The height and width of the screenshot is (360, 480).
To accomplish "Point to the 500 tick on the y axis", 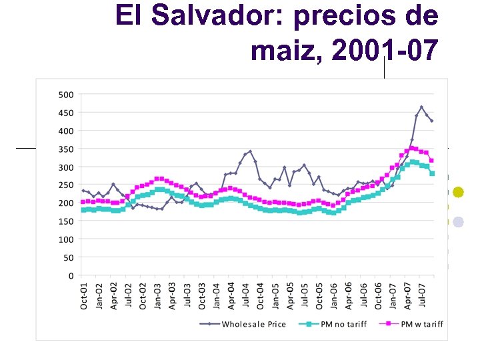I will (x=65, y=95).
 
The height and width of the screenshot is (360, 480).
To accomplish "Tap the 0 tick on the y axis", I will (x=71, y=275).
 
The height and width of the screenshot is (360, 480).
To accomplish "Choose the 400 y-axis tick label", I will (x=65, y=131).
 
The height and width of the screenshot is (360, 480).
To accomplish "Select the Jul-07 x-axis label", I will (x=422, y=295).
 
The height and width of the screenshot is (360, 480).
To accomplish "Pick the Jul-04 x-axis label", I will (x=245, y=295).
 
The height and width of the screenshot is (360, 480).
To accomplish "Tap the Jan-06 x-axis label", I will (x=333, y=295).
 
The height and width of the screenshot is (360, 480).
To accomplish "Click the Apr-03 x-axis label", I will (x=171, y=295).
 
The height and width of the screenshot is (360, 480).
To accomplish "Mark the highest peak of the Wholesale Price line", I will (x=421, y=107).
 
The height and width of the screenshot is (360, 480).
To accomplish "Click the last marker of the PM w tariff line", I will (x=431, y=161).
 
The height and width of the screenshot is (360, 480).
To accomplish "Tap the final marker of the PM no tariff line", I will (x=431, y=173).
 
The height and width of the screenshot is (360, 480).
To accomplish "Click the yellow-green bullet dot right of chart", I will (x=458, y=193).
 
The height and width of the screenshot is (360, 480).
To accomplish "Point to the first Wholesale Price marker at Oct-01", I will (x=83, y=191).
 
